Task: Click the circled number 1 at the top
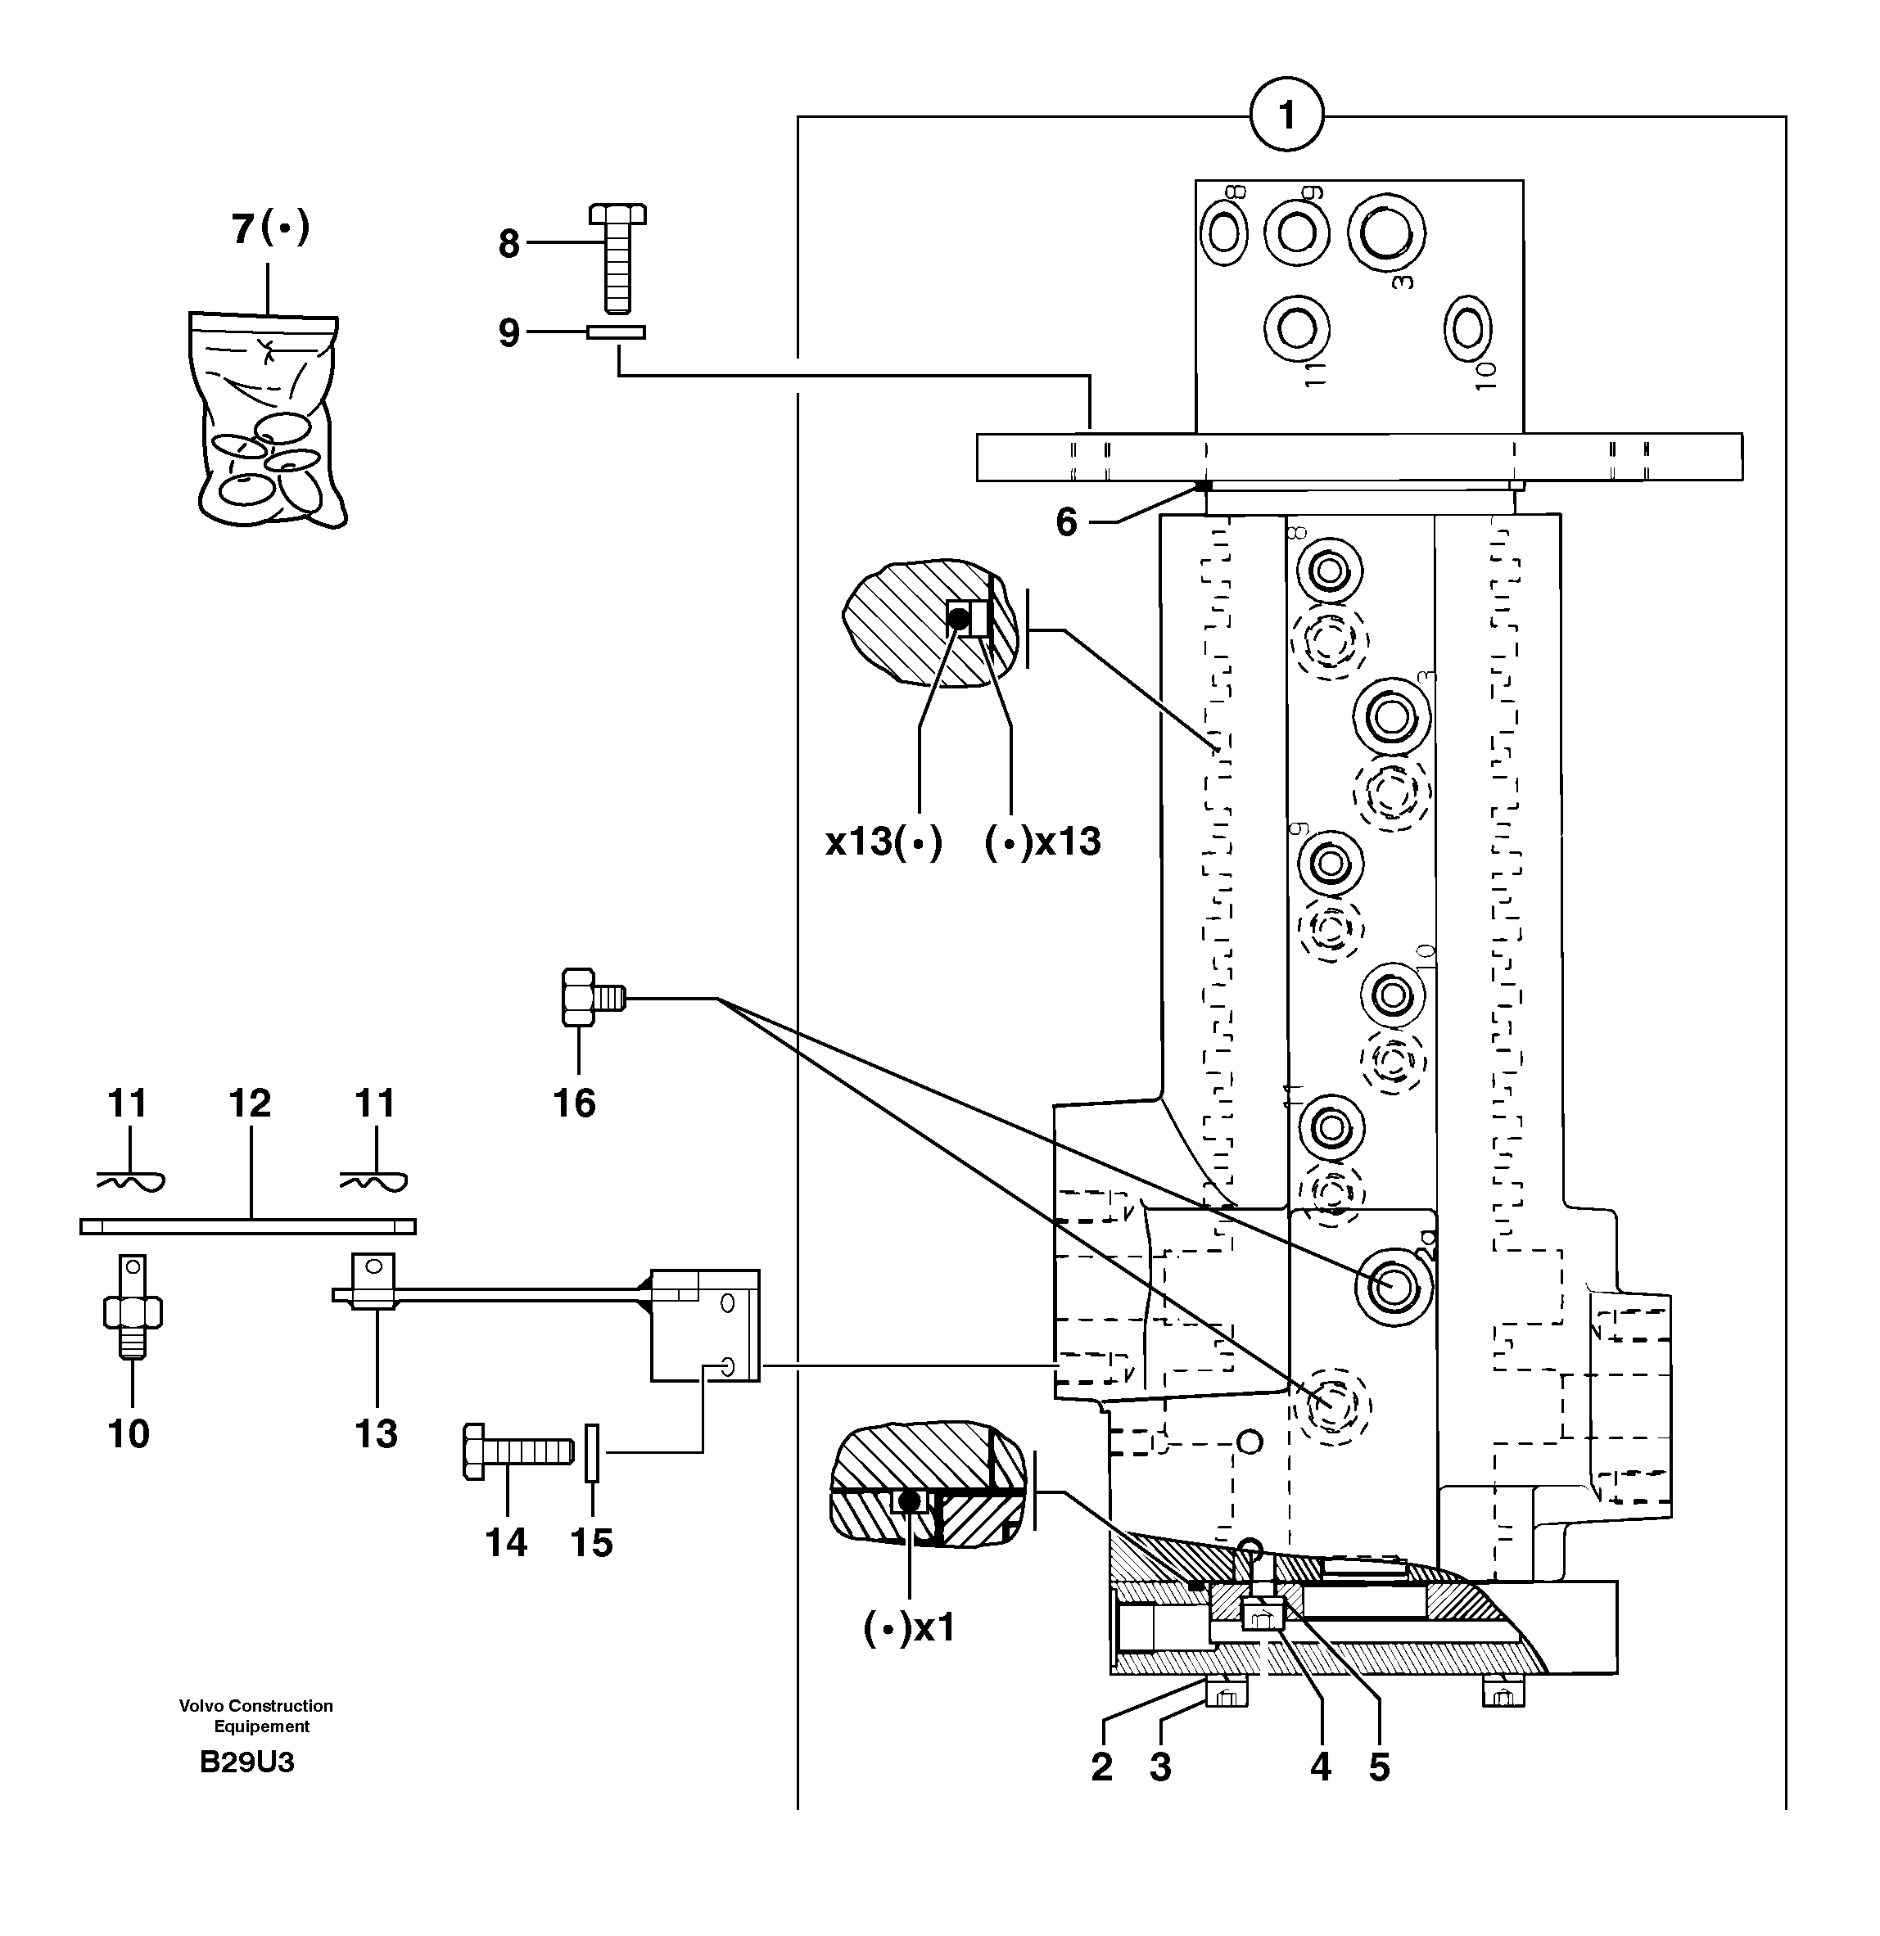[1286, 115]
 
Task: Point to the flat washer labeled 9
[616, 333]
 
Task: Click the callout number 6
[1066, 521]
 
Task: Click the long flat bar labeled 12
[247, 1227]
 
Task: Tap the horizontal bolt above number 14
[517, 1451]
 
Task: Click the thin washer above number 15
[593, 1452]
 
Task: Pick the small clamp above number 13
[373, 1281]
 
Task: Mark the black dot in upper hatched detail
[958, 620]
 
